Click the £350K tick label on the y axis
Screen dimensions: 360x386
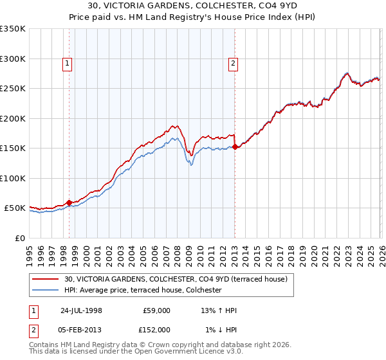(x=13, y=29)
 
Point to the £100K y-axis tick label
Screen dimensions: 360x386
(x=13, y=178)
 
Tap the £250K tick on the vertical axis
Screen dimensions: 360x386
(x=13, y=89)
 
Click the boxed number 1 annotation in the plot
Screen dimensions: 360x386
(x=68, y=63)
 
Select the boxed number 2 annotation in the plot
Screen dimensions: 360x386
(x=233, y=63)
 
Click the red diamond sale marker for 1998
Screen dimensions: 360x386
(x=69, y=203)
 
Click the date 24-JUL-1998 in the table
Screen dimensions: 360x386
(x=80, y=310)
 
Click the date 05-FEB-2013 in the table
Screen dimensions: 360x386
(x=80, y=329)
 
